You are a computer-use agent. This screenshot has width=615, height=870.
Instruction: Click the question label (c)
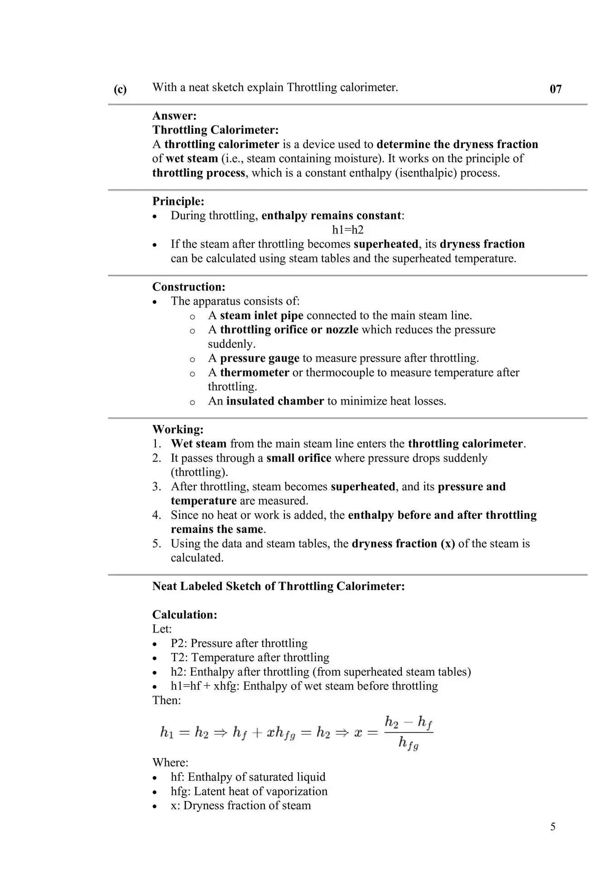[x=120, y=89]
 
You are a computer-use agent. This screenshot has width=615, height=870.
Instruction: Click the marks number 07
[x=556, y=89]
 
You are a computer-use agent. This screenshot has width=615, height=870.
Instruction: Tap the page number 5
[x=553, y=826]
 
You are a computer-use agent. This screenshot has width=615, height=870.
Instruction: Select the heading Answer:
[x=174, y=116]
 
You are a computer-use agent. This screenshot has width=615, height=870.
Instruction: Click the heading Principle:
[x=178, y=201]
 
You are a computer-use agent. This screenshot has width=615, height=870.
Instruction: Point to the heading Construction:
[x=189, y=287]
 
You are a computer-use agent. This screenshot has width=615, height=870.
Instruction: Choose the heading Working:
[x=178, y=429]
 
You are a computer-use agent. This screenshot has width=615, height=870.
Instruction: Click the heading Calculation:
[x=185, y=614]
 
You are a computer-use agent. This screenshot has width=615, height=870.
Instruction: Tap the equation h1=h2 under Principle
[x=348, y=230]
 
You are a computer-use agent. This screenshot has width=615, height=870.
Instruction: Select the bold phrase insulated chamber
[x=275, y=401]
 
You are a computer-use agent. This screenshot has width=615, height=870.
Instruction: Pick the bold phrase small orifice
[x=299, y=458]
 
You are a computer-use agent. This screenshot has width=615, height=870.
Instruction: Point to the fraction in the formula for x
[x=408, y=733]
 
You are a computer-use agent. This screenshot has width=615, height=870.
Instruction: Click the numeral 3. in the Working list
[x=157, y=487]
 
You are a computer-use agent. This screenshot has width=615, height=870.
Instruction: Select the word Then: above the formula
[x=167, y=700]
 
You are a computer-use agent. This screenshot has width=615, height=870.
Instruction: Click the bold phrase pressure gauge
[x=259, y=358]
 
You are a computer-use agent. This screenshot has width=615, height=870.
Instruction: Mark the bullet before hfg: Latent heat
[x=155, y=792]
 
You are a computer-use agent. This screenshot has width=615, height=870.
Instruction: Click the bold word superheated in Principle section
[x=386, y=244]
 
